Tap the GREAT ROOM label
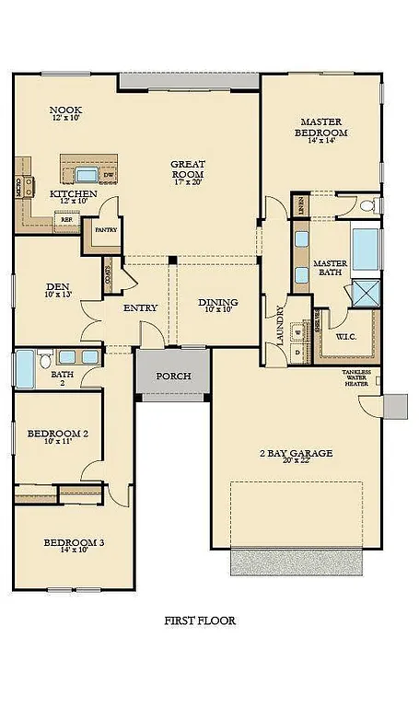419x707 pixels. tap(187, 169)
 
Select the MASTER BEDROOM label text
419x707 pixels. tap(320, 127)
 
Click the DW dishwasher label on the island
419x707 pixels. tap(109, 174)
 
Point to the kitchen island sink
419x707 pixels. tap(87, 174)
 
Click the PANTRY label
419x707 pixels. tap(105, 230)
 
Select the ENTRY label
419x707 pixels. tap(139, 308)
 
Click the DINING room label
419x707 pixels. tap(218, 303)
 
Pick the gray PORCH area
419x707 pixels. tap(172, 375)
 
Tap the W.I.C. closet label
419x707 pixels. tap(347, 336)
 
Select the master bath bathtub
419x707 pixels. tap(366, 249)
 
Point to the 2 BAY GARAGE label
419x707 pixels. tap(295, 454)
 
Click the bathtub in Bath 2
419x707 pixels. tap(24, 372)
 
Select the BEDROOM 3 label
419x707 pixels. tap(74, 543)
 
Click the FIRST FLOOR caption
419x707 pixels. tap(198, 620)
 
